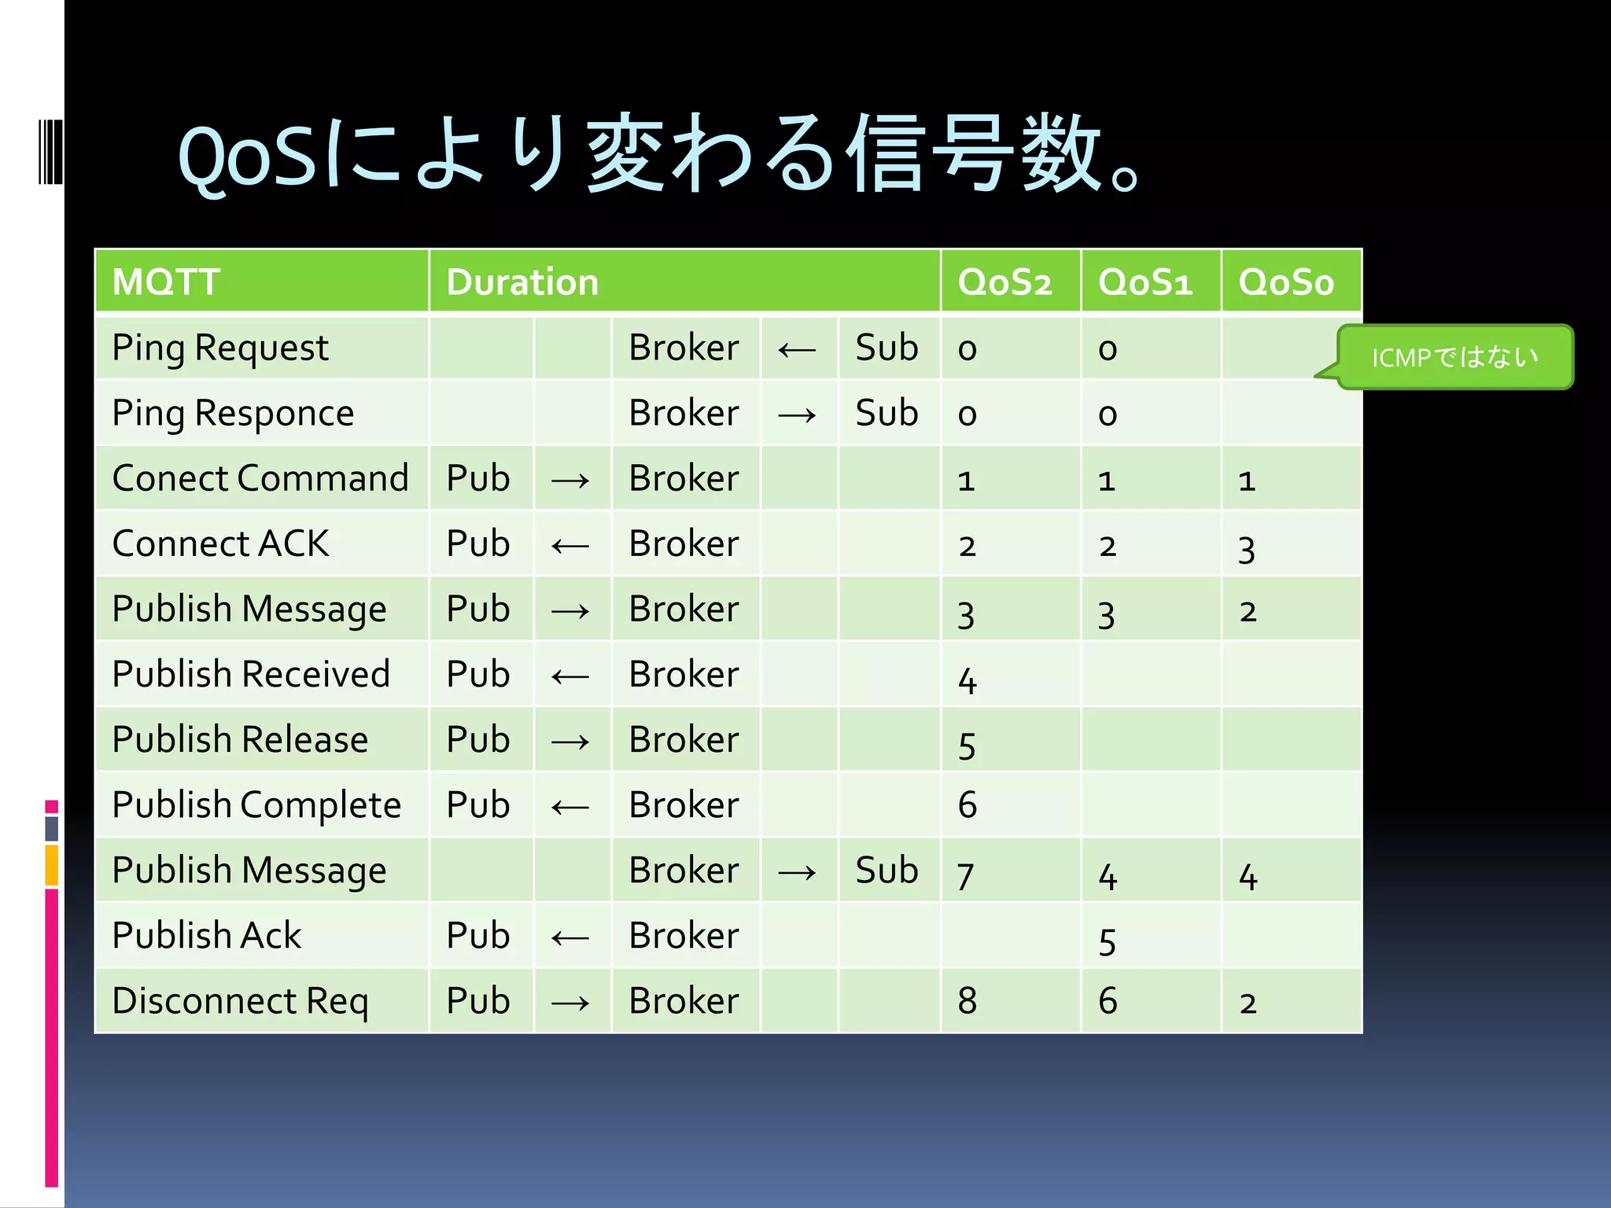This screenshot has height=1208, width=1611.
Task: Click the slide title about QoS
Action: coord(659,154)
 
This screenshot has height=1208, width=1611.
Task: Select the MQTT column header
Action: coord(166,282)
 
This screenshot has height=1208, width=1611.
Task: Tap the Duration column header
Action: coord(522,282)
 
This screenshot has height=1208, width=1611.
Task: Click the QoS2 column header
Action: coord(1005,282)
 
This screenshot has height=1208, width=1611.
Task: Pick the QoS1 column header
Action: coord(1145,282)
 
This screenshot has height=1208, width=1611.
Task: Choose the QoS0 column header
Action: coord(1286,282)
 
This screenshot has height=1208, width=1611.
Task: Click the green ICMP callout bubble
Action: coord(1454,357)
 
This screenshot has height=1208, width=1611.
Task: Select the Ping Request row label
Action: coord(220,348)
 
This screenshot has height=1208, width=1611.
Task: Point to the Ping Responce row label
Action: coord(233,413)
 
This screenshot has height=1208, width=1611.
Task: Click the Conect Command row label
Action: coord(260,478)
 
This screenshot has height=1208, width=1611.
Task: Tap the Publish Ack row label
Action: coord(207,935)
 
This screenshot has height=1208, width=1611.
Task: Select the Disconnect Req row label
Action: coord(240,1000)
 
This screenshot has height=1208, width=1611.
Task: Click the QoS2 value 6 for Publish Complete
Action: coord(968,805)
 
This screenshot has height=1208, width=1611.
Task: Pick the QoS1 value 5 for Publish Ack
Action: coord(1108,941)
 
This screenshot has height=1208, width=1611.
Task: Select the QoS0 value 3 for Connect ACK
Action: coord(1247,549)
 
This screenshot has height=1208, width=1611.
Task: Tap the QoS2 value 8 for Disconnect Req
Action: coord(968,1001)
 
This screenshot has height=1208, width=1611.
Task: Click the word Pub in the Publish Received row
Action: coord(478,674)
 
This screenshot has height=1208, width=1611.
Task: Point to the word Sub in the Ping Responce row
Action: coord(887,413)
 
